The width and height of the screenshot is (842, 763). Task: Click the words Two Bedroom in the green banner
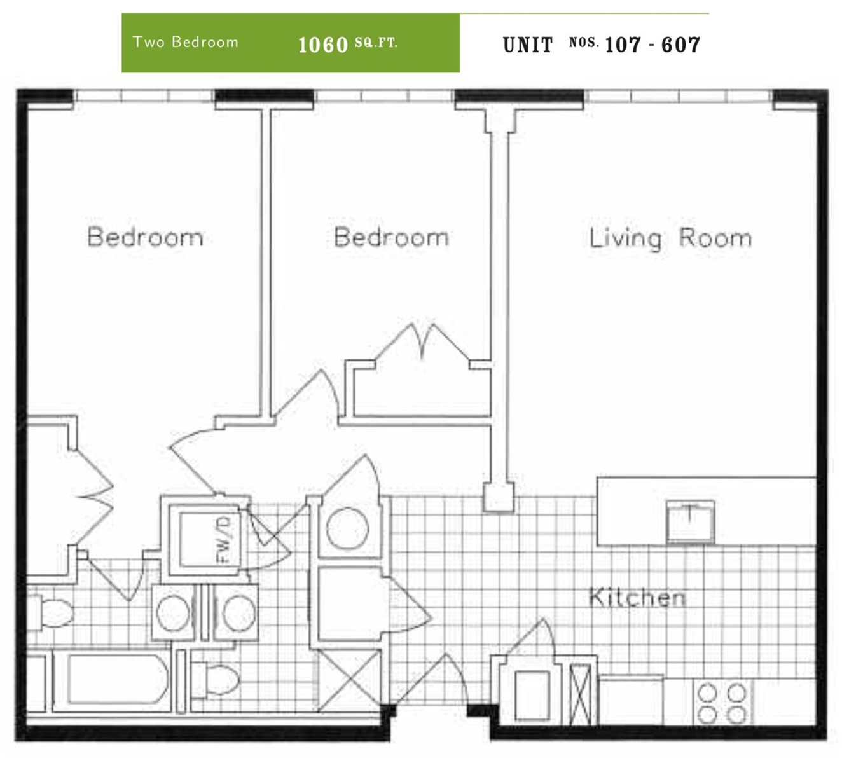pyautogui.click(x=186, y=42)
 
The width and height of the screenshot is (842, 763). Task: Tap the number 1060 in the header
pyautogui.click(x=323, y=45)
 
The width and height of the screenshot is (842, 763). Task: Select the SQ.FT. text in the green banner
pyautogui.click(x=376, y=43)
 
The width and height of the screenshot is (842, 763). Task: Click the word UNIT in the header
pyautogui.click(x=528, y=45)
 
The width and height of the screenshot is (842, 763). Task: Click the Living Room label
pyautogui.click(x=670, y=238)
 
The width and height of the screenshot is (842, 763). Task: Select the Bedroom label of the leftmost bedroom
pyautogui.click(x=145, y=237)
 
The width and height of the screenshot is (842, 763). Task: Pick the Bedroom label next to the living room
pyautogui.click(x=391, y=237)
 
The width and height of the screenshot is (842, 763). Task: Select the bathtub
pyautogui.click(x=113, y=680)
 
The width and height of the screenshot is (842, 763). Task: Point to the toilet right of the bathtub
pyautogui.click(x=215, y=680)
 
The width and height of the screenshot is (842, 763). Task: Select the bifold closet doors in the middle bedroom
pyautogui.click(x=422, y=342)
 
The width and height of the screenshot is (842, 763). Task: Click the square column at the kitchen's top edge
pyautogui.click(x=499, y=497)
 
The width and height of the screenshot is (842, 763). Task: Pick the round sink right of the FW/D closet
pyautogui.click(x=347, y=528)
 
